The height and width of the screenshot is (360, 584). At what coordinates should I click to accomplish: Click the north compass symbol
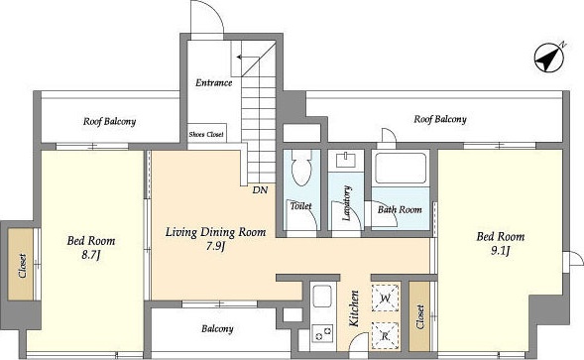(x=550, y=59)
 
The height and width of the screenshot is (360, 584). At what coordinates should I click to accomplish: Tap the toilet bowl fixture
(x=301, y=168)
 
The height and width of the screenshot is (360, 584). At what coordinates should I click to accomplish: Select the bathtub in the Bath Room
(x=401, y=168)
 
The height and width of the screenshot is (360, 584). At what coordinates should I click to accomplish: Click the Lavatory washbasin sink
(x=346, y=161)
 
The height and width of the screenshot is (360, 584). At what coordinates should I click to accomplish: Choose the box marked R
(x=386, y=336)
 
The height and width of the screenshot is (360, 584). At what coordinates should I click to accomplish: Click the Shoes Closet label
(x=206, y=134)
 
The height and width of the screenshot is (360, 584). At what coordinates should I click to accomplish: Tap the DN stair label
(x=260, y=190)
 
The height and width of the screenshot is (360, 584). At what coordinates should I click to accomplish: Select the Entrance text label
(x=214, y=82)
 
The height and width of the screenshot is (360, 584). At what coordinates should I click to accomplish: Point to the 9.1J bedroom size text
(x=500, y=251)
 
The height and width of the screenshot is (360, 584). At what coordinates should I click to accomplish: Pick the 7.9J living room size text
(x=215, y=247)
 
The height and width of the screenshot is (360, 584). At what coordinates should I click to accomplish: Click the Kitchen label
(x=354, y=309)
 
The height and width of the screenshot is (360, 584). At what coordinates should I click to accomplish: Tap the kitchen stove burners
(x=323, y=333)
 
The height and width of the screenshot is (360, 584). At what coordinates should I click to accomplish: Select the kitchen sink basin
(x=322, y=297)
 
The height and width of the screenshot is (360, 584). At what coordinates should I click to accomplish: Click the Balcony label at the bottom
(x=217, y=328)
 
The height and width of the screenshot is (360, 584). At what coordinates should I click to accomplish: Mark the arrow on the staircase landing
(x=248, y=58)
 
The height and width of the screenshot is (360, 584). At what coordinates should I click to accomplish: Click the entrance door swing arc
(x=213, y=12)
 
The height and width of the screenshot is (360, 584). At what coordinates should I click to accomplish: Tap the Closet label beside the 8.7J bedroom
(x=23, y=266)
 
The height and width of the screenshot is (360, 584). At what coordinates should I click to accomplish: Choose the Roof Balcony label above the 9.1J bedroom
(x=440, y=119)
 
